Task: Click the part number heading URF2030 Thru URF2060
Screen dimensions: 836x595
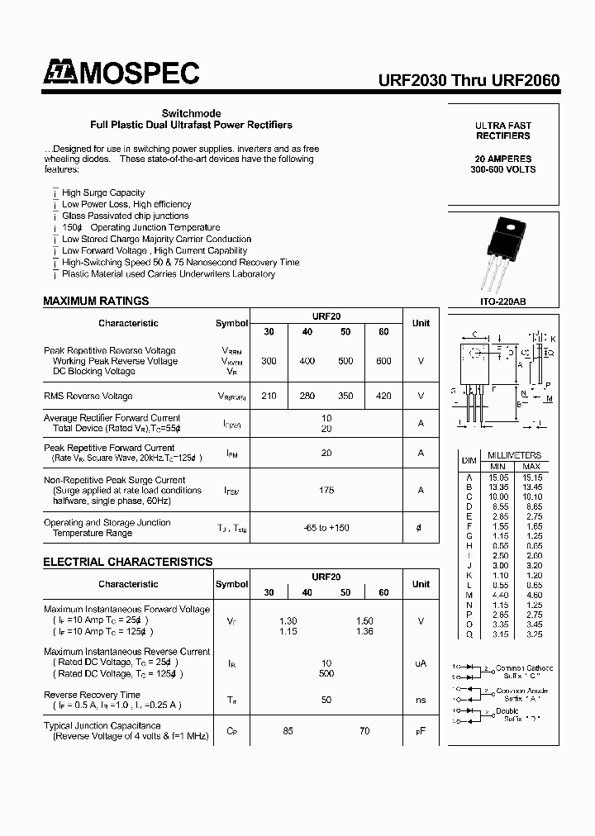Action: (469, 80)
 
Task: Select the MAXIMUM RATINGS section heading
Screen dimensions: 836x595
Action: (96, 301)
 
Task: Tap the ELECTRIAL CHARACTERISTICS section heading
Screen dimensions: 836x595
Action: (127, 562)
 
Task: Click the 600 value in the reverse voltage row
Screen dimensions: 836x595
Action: (383, 361)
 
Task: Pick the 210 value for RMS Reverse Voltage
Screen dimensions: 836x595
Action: (269, 396)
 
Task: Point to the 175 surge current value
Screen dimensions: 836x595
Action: (326, 490)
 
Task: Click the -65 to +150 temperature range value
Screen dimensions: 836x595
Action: (326, 528)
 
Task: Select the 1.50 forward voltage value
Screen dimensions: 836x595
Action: (364, 620)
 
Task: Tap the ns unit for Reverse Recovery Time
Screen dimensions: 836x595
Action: (421, 700)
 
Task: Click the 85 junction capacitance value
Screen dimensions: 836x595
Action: (288, 731)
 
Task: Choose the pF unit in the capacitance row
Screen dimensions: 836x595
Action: (421, 731)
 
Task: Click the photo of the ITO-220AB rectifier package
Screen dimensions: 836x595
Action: (503, 254)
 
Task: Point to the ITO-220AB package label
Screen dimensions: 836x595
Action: (503, 302)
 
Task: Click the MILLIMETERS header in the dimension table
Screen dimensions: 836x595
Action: (514, 455)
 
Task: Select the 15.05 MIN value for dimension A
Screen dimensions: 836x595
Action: (498, 477)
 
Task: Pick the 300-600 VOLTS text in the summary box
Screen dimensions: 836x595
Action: (503, 169)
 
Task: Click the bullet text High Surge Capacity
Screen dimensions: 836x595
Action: (103, 192)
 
